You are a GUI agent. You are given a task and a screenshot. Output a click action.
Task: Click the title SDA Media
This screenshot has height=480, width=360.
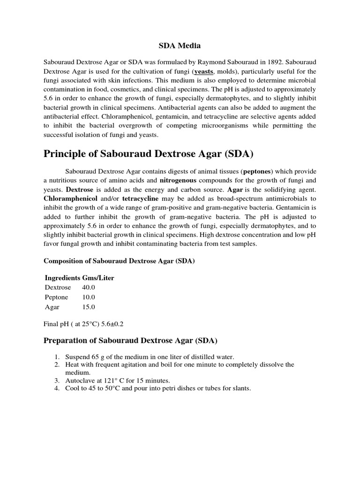pos(180,46)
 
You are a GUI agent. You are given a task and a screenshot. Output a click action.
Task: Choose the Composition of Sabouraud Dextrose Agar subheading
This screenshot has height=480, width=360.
pos(119,261)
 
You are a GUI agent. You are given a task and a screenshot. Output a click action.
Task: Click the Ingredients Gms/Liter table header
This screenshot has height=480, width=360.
pos(79,278)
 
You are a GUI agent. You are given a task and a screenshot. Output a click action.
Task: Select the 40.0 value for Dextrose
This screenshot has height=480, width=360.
pos(89,287)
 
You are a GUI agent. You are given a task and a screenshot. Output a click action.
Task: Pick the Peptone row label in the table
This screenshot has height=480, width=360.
pos(56,297)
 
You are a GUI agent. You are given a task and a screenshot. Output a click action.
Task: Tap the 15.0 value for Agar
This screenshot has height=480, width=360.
pos(89,307)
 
